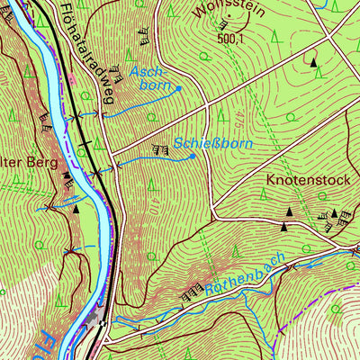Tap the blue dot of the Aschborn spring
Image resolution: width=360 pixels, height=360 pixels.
coord(179,88)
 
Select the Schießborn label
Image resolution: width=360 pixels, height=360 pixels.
coord(212,143)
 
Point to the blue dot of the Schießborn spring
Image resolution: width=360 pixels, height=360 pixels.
coord(193,157)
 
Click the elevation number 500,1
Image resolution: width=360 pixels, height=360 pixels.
coord(230,38)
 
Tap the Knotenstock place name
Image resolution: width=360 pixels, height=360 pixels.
coord(307,180)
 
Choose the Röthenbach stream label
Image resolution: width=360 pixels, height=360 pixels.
coord(244,276)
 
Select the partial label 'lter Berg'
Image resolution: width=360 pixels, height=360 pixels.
coord(29,164)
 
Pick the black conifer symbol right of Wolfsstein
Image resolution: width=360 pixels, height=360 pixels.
coord(313,62)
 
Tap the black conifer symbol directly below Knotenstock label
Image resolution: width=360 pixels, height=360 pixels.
coord(290,211)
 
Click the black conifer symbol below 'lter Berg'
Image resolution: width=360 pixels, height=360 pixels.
coord(76,208)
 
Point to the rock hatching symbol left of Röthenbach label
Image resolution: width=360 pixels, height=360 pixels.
coord(191,293)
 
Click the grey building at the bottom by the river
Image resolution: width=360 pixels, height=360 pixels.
coord(94,319)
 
